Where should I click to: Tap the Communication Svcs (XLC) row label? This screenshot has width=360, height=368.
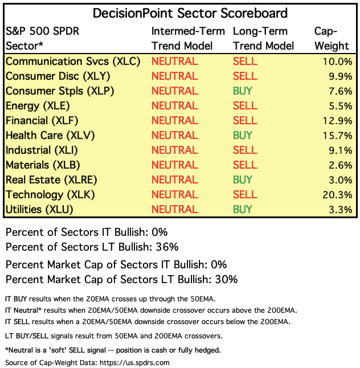pyautogui.click(x=72, y=62)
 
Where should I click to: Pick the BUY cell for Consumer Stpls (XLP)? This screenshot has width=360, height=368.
pyautogui.click(x=243, y=91)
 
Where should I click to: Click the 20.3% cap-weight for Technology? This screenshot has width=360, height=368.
pyautogui.click(x=338, y=195)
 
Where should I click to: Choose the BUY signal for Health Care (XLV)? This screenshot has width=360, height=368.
pyautogui.click(x=243, y=136)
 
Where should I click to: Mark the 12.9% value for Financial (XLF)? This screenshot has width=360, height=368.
pyautogui.click(x=338, y=121)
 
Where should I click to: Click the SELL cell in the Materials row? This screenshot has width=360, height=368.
pyautogui.click(x=246, y=165)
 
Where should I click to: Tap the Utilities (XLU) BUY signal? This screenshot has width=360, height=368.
pyautogui.click(x=243, y=210)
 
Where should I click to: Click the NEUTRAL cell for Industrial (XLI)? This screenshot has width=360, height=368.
pyautogui.click(x=175, y=150)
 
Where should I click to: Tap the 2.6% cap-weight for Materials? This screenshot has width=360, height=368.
pyautogui.click(x=341, y=165)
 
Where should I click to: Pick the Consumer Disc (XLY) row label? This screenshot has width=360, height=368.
pyautogui.click(x=58, y=76)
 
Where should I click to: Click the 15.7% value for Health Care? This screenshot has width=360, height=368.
pyautogui.click(x=338, y=136)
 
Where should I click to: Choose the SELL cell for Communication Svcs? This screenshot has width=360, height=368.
pyautogui.click(x=246, y=62)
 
